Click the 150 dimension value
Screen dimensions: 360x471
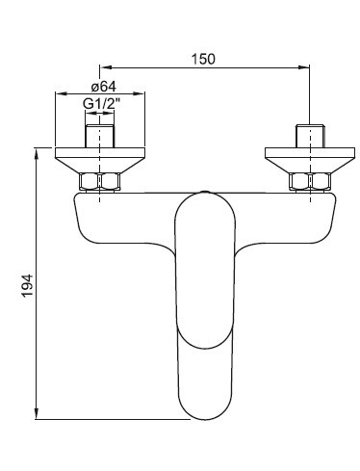[203, 59]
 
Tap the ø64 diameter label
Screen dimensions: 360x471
[103, 87]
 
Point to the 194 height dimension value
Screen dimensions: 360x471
[28, 285]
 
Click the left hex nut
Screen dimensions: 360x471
[100, 182]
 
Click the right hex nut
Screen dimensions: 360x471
[310, 182]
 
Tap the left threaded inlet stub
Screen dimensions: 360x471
[100, 136]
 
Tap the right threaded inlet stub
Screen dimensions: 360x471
[310, 136]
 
